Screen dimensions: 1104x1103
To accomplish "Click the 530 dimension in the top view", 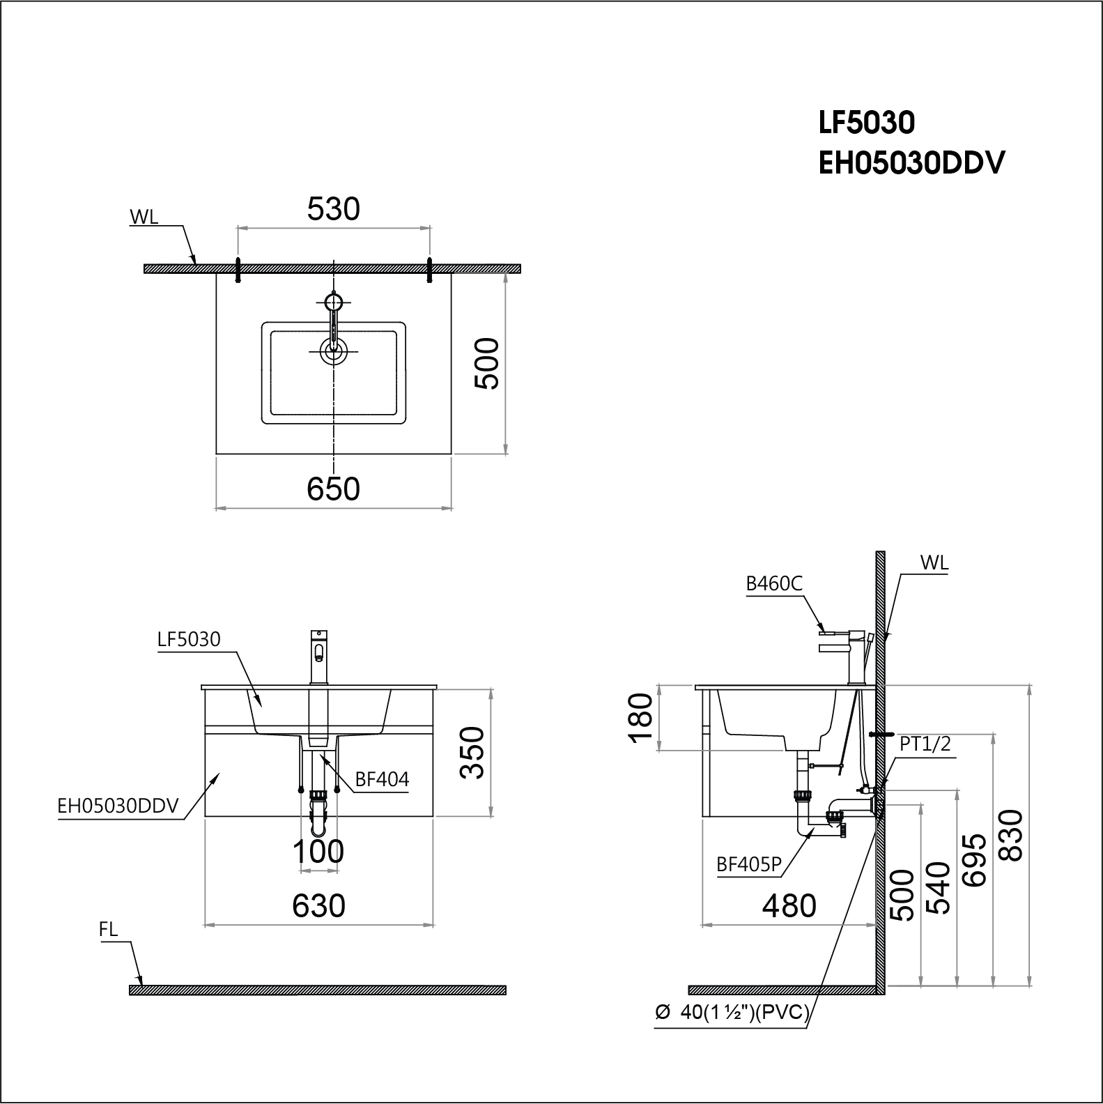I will [x=333, y=209].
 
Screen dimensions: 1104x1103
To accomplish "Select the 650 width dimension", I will [x=333, y=489].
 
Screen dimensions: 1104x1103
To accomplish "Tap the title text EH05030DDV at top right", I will [x=911, y=164].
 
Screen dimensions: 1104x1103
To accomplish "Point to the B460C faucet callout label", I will [x=773, y=583].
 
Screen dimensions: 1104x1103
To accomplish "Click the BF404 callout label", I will [x=382, y=779].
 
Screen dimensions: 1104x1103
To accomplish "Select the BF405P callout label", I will [x=748, y=864].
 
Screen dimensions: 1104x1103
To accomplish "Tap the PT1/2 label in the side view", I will [x=925, y=744].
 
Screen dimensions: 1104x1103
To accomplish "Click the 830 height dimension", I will [x=1010, y=835].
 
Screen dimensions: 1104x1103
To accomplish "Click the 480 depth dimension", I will [x=789, y=905].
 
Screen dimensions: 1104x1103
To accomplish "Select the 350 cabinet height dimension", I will [x=474, y=752].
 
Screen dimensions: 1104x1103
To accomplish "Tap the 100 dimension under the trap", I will [x=318, y=851].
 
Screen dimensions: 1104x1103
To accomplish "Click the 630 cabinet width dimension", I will [x=318, y=905].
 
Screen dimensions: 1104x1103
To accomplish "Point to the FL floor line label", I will [x=109, y=929].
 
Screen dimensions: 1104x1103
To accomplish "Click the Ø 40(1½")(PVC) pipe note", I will [x=732, y=1013].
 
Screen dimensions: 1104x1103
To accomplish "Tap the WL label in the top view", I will [x=144, y=217].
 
